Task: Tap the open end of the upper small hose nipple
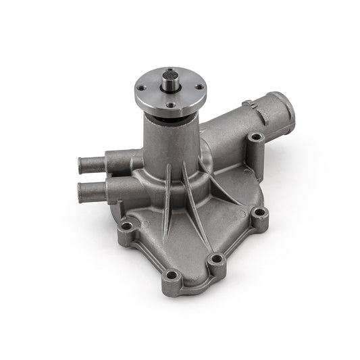(x=84, y=164)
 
